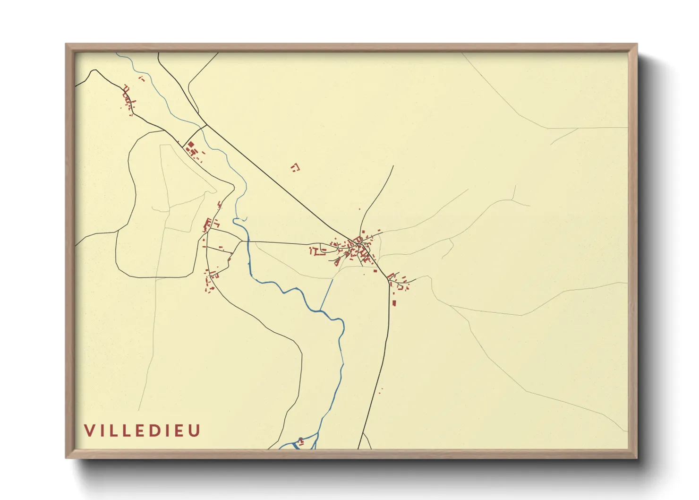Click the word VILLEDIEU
point(142,431)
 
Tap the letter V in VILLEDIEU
point(89,431)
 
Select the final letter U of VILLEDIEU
point(195,431)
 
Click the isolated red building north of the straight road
point(295,167)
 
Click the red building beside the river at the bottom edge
point(300,442)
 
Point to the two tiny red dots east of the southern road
point(380,391)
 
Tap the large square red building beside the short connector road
point(191,144)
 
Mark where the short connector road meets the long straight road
point(206,125)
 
